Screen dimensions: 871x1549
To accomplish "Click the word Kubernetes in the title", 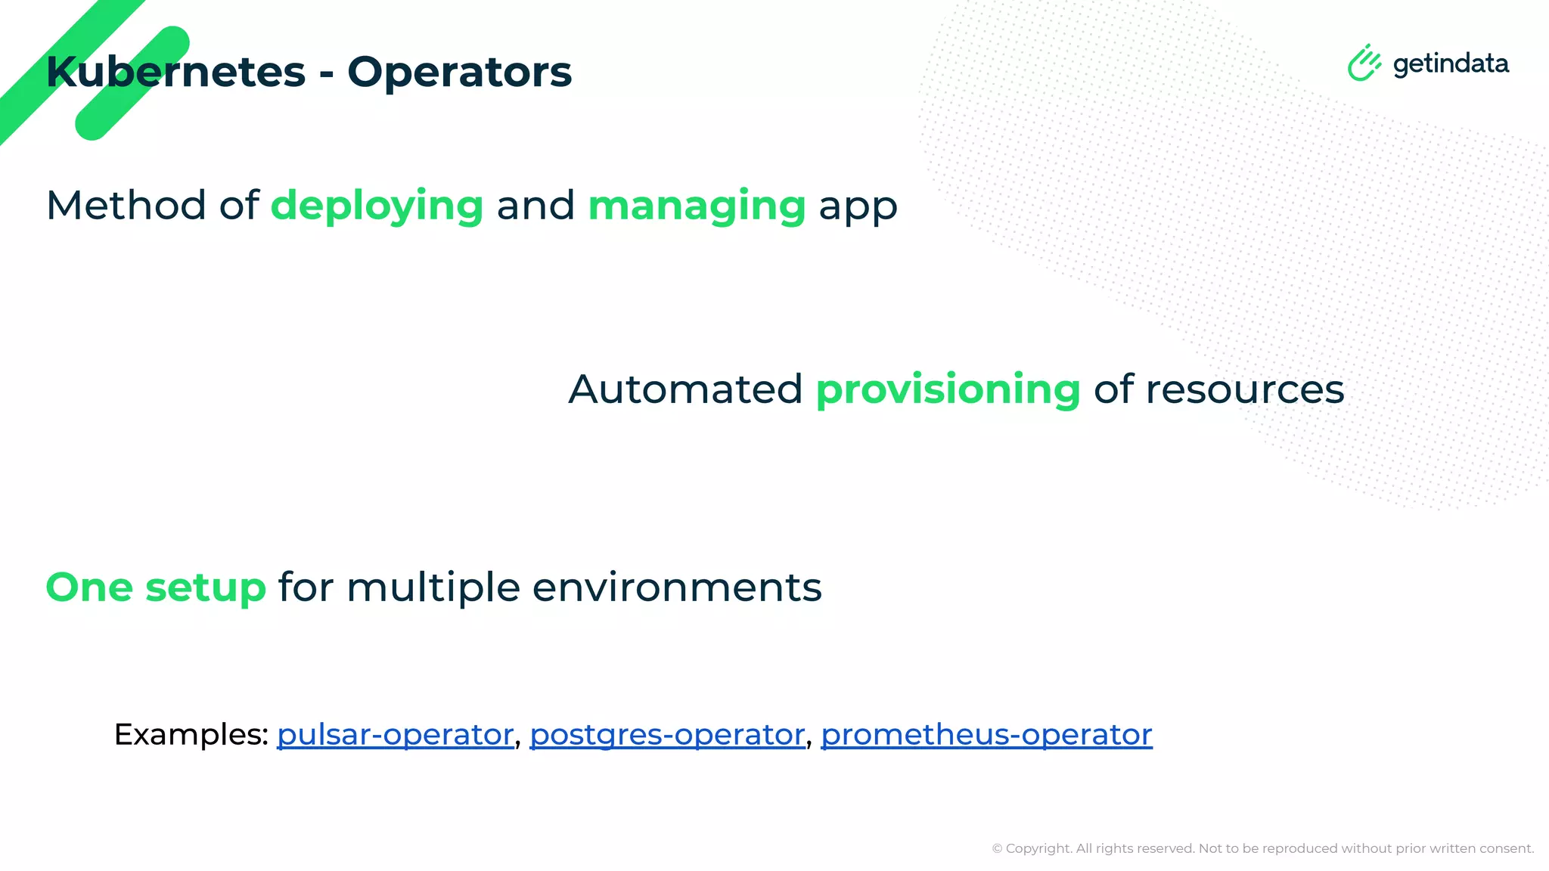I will pos(175,73).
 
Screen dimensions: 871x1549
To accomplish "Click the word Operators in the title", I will pos(459,73).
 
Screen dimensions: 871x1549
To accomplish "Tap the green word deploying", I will pos(377,206).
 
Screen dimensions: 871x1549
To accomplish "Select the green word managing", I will pos(697,206).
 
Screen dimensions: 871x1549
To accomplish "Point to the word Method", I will pos(126,206).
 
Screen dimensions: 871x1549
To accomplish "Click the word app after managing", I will pos(858,208).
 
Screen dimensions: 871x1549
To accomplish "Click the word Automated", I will pos(684,389).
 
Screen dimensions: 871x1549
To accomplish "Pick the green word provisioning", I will pos(948,391).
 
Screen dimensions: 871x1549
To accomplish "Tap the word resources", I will pos(1244,390).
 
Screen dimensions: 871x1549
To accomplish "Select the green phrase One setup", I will pos(156,587).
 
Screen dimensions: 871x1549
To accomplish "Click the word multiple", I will pos(433,588).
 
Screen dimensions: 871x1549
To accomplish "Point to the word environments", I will pos(677,587).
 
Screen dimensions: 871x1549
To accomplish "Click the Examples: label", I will pos(191,734).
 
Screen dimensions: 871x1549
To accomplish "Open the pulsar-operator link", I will pos(395,735).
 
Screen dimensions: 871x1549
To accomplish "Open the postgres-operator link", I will pos(667,735).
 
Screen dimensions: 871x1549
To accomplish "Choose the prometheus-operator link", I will pos(986,735).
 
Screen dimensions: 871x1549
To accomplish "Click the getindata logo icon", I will pos(1364,63).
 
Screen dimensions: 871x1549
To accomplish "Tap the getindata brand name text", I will pos(1451,64).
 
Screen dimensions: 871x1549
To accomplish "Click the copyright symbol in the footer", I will pos(997,849).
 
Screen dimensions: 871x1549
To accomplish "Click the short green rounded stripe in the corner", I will pos(132,83).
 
